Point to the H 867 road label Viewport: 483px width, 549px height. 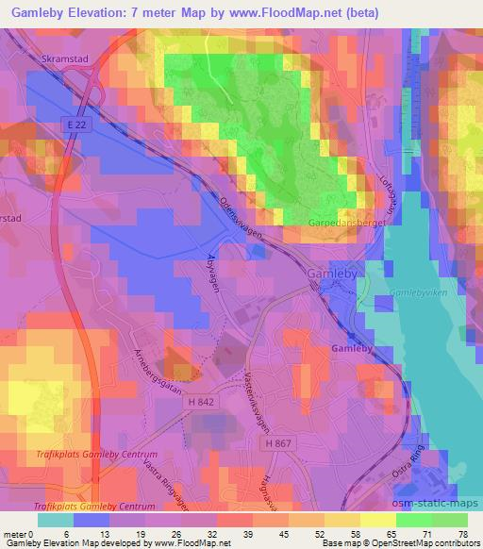(278, 442)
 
